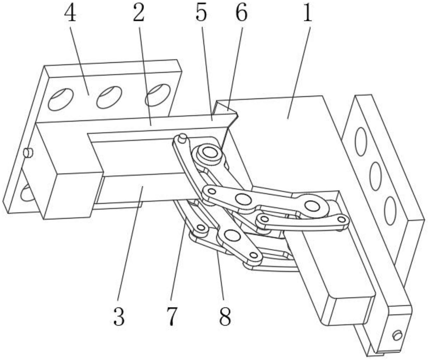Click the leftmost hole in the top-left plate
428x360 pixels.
pyautogui.click(x=61, y=99)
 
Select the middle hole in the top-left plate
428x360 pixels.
pyautogui.click(x=109, y=97)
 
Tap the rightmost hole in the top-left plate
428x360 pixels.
pyautogui.click(x=158, y=95)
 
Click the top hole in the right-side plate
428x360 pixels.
pyautogui.click(x=361, y=142)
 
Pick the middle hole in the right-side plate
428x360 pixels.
pyautogui.click(x=375, y=176)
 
